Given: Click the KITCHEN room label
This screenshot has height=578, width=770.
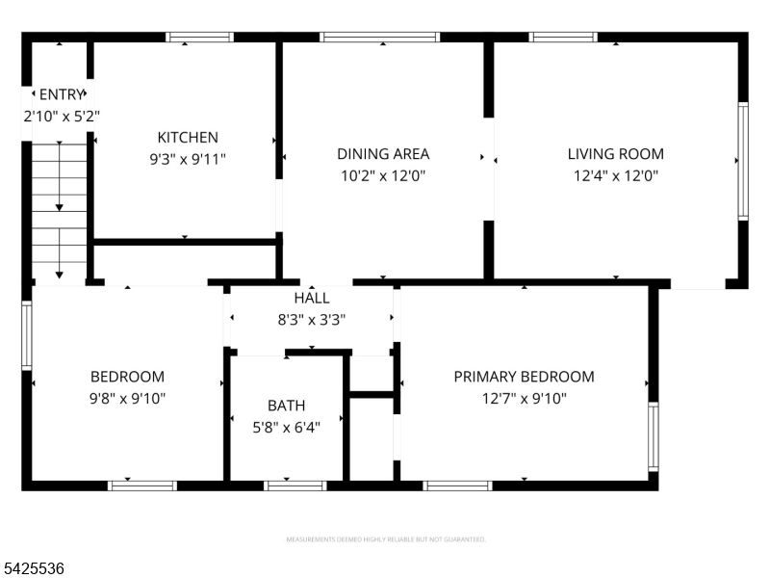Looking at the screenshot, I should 188,138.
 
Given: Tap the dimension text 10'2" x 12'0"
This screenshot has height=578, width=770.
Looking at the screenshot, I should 383,175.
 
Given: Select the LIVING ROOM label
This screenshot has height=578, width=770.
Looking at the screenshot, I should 615,154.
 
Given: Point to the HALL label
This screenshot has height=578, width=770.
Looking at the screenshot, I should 312,299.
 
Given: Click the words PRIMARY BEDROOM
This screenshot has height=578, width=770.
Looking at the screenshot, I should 524,377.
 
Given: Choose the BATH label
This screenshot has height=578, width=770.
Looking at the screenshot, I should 287,406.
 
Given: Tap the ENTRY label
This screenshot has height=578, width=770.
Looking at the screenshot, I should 62,94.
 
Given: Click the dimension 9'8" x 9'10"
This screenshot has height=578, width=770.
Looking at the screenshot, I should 127,398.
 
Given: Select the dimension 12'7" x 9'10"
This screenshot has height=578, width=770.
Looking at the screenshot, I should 524,398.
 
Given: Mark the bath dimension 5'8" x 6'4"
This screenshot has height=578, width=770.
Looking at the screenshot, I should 287,426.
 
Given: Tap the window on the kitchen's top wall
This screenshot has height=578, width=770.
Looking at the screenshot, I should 199,38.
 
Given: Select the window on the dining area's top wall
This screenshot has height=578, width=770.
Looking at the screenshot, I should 380,38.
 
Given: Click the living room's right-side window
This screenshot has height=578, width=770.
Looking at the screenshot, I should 742,161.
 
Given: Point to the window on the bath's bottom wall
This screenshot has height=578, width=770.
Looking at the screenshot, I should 295,486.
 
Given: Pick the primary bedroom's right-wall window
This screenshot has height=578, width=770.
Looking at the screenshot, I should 654,436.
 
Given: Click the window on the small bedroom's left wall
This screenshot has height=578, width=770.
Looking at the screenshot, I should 27,335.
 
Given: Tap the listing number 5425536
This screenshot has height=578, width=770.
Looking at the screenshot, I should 34,569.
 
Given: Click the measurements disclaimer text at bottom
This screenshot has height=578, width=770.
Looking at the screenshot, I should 385,539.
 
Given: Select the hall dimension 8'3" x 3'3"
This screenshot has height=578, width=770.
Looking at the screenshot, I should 312,319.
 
